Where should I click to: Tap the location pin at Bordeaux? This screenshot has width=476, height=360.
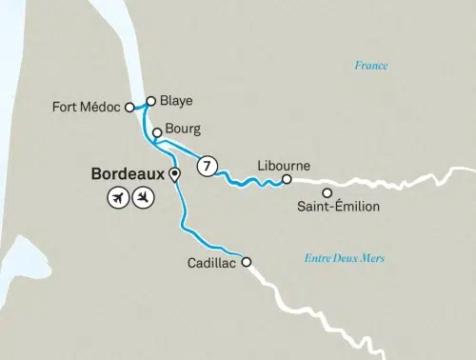[174, 174]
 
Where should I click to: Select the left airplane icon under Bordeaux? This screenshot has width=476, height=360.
[118, 198]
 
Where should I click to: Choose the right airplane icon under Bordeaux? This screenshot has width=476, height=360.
[143, 198]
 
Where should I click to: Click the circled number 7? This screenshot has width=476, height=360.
[206, 166]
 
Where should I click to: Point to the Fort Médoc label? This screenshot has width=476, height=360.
[88, 108]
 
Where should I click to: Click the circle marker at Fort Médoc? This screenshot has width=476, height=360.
[129, 108]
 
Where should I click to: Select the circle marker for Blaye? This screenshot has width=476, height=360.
[150, 99]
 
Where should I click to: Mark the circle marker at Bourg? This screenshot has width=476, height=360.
[170, 133]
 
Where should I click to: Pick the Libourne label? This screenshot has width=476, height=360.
[284, 165]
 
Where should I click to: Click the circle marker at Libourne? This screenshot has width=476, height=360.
[287, 178]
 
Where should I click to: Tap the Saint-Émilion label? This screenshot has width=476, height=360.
[339, 207]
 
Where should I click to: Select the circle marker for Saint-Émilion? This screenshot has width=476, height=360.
[327, 192]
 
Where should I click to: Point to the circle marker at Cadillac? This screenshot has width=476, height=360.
[246, 262]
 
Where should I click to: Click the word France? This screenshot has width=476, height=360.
[371, 66]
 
